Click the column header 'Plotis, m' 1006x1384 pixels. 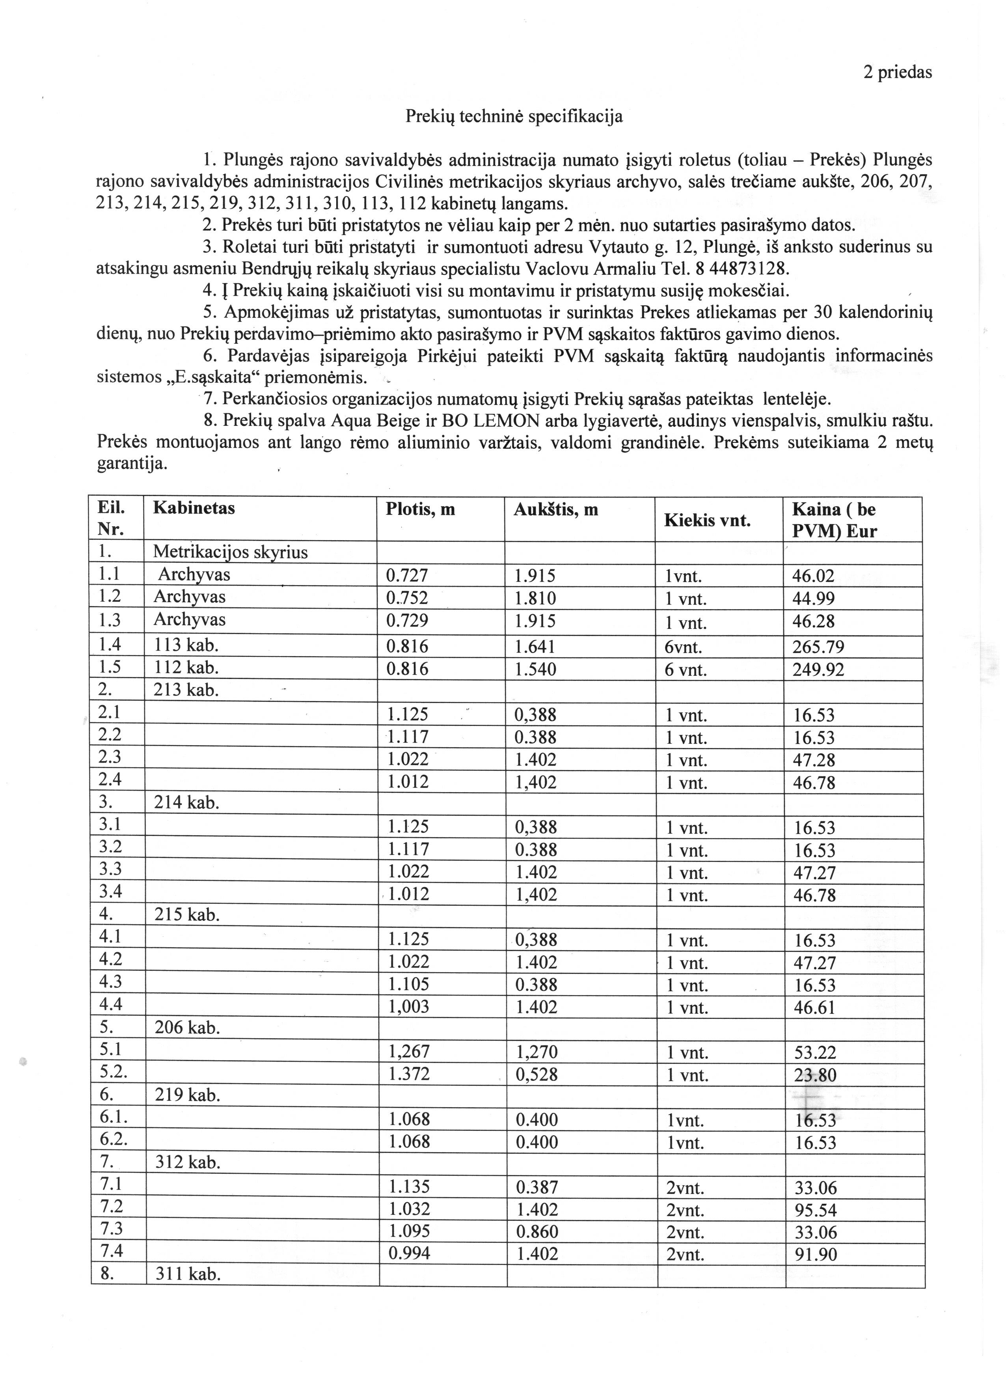coord(420,509)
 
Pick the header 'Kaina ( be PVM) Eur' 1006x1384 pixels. coord(834,520)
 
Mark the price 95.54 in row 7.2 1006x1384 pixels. coord(816,1210)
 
